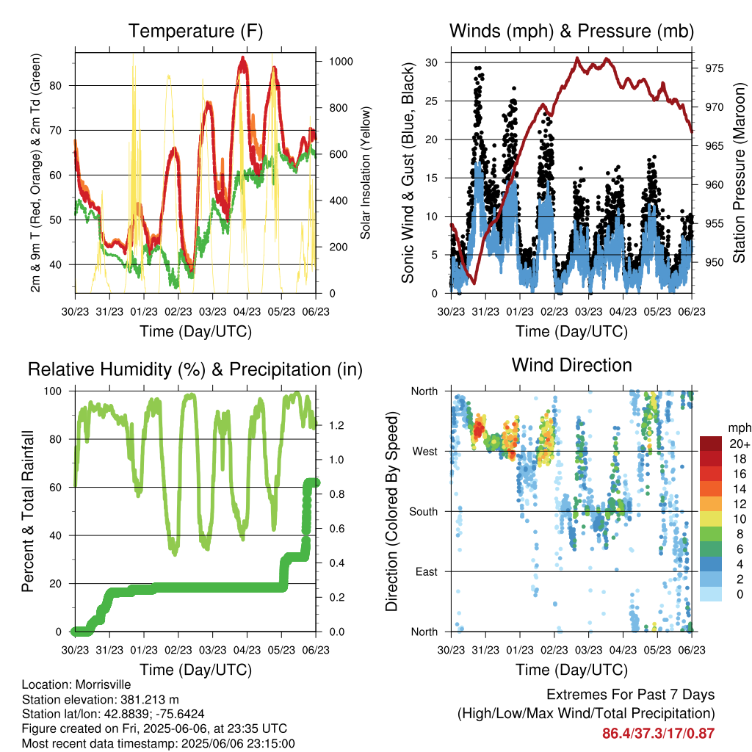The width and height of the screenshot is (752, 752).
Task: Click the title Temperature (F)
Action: (195, 31)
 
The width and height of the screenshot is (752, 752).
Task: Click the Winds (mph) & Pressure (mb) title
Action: (571, 31)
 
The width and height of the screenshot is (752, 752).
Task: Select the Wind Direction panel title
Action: (571, 365)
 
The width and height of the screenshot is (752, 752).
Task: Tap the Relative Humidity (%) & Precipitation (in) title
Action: (195, 370)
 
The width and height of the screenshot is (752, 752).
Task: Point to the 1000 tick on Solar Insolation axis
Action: (341, 62)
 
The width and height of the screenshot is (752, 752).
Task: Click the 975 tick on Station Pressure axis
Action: (714, 68)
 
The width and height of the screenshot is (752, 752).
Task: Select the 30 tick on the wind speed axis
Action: (431, 62)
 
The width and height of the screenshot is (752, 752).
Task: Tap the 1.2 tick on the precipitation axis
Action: (336, 425)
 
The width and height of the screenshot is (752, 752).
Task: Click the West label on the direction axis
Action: (425, 452)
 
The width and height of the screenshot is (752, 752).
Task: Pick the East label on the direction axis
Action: (427, 571)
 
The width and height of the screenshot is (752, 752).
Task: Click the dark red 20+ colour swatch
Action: (710, 444)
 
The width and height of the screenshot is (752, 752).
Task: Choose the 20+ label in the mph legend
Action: (740, 444)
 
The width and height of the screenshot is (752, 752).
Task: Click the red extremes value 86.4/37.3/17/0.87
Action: (659, 734)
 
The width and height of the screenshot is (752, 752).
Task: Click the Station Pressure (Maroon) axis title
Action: (739, 173)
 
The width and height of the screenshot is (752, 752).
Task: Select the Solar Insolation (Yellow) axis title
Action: (366, 173)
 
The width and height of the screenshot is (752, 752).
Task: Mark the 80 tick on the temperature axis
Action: (56, 86)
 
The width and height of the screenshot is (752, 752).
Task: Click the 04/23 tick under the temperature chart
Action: (247, 311)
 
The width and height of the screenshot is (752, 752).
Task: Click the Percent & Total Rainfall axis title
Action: (28, 511)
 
